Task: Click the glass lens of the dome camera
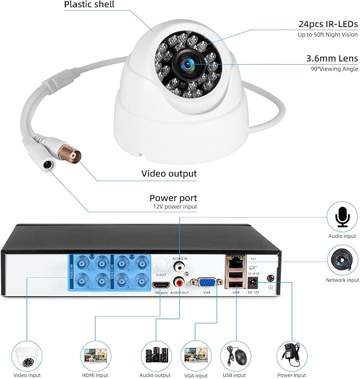click(x=188, y=64)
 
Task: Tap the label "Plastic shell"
click(x=89, y=5)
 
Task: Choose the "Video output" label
click(x=169, y=173)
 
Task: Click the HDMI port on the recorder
click(x=161, y=285)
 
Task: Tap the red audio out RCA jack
click(x=180, y=277)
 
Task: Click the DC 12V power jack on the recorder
click(x=252, y=281)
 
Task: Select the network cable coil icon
click(x=342, y=260)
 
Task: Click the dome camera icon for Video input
click(x=28, y=356)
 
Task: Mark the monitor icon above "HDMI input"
click(x=96, y=355)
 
